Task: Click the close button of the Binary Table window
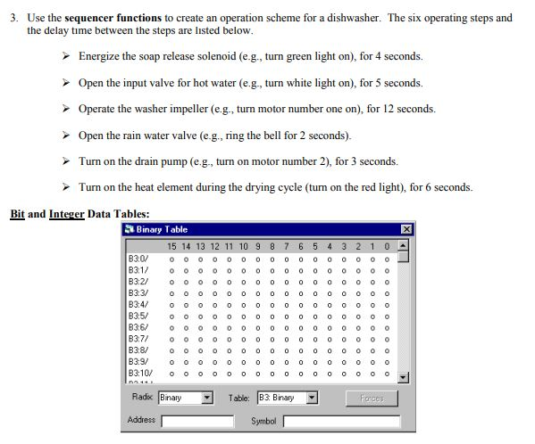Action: [x=406, y=230]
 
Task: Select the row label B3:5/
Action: [x=138, y=315]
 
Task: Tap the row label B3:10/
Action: [x=140, y=373]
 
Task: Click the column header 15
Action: [x=172, y=245]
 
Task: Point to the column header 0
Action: [x=387, y=245]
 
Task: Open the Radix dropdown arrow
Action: [x=207, y=398]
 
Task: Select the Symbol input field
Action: [x=341, y=421]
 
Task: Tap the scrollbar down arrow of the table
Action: [x=404, y=376]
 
